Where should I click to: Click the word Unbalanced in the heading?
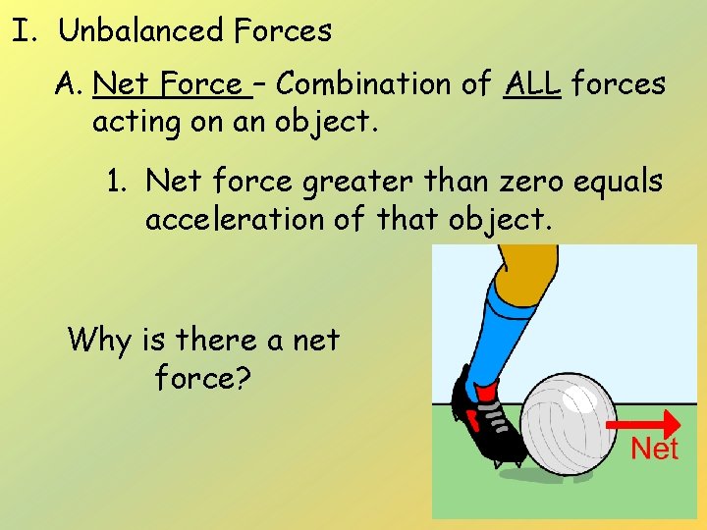tap(141, 31)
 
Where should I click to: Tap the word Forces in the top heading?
tap(284, 31)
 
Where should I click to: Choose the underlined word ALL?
tap(532, 84)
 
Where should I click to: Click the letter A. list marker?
tap(69, 84)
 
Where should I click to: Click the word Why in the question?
tap(100, 341)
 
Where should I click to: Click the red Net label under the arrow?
tap(654, 450)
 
